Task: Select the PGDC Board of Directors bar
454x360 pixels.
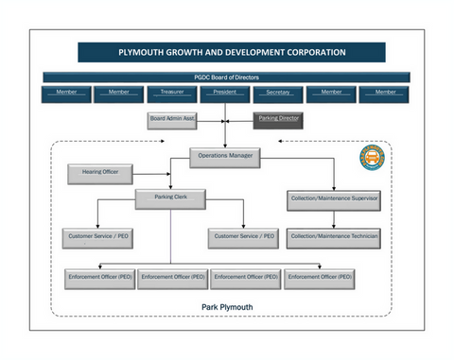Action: pos(226,77)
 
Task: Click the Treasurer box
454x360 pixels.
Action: pos(171,93)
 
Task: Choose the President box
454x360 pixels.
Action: pos(225,93)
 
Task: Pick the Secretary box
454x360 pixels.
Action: pos(278,93)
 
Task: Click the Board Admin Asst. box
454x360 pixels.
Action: pos(171,119)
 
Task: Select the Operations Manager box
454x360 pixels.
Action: pos(224,154)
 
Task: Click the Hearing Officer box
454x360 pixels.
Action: pos(99,174)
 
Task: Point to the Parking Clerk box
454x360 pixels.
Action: pos(171,197)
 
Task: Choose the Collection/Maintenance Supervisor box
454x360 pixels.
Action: pos(334,199)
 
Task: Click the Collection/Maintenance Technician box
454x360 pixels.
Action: pos(334,236)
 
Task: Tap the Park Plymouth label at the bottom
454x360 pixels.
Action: pos(226,307)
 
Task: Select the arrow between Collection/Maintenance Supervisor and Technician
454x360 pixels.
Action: pos(334,218)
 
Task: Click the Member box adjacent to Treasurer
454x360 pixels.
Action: pos(118,93)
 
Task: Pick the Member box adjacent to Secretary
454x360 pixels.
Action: pos(331,93)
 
